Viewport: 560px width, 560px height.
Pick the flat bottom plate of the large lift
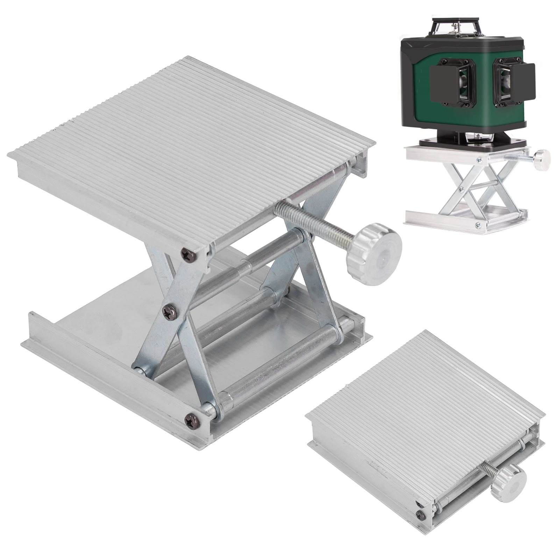[x=105, y=332]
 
